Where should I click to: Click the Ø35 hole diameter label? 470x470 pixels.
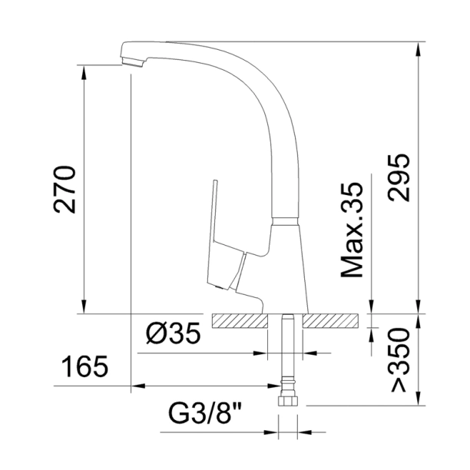tap(174, 335)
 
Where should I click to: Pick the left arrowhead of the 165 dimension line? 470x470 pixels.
tap(137, 386)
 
